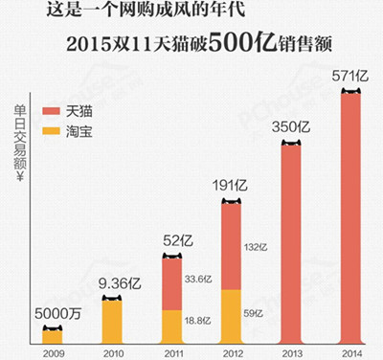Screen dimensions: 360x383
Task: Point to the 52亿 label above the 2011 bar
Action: click(x=171, y=240)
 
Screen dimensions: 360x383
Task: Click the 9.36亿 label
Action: click(x=113, y=283)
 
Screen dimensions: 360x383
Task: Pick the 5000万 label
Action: click(x=52, y=313)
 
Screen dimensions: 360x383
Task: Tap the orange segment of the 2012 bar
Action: click(x=231, y=316)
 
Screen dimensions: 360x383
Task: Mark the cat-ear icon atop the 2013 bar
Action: click(x=290, y=144)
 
